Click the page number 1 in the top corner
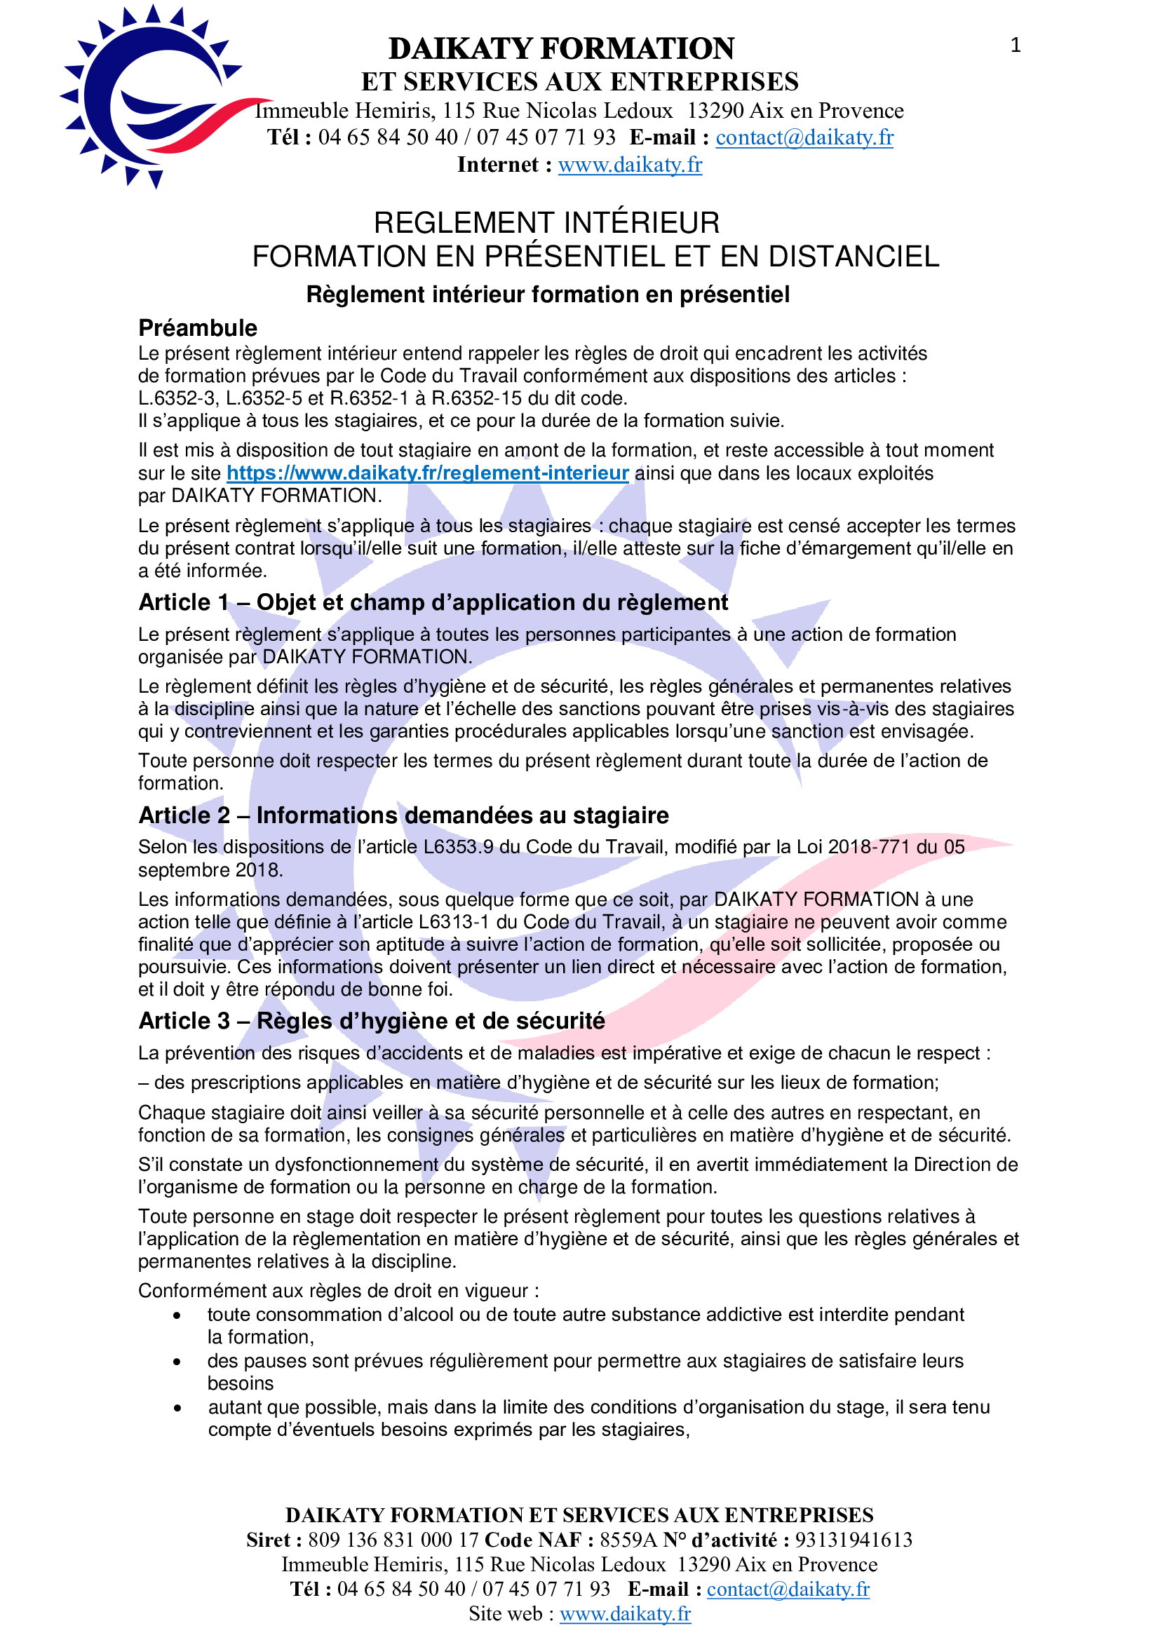[1015, 46]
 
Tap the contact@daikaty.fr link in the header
[804, 137]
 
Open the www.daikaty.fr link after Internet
[630, 165]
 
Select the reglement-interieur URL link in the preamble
[427, 473]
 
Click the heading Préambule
[198, 328]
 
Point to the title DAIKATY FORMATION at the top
[562, 48]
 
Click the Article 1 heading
[433, 602]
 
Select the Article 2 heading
[403, 815]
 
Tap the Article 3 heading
[372, 1021]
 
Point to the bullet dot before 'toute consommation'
[177, 1315]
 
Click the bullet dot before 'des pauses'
[177, 1362]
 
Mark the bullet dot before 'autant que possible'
[177, 1409]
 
